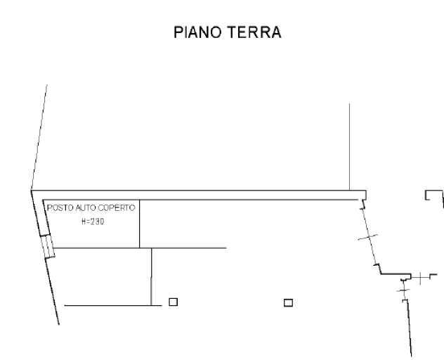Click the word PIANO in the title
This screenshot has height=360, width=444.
(x=197, y=32)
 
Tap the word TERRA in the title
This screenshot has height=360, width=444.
(x=254, y=32)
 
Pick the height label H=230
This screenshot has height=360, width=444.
(x=93, y=221)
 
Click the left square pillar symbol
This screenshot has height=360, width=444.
(x=174, y=302)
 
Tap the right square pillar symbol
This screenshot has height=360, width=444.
(x=288, y=303)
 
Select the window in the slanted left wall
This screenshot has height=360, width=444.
(x=47, y=246)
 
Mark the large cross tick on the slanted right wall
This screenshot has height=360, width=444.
(x=368, y=237)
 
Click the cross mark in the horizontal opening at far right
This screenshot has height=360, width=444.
(x=420, y=278)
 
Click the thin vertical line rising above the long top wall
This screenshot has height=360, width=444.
(x=349, y=147)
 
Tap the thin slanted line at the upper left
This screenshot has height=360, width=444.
(x=39, y=138)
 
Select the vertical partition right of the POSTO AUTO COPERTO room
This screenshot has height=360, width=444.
(x=139, y=224)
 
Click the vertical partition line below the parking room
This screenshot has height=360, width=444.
(x=151, y=276)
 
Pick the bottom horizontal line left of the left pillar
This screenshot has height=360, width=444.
(x=113, y=305)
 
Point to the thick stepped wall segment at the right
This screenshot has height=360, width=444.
(x=396, y=274)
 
